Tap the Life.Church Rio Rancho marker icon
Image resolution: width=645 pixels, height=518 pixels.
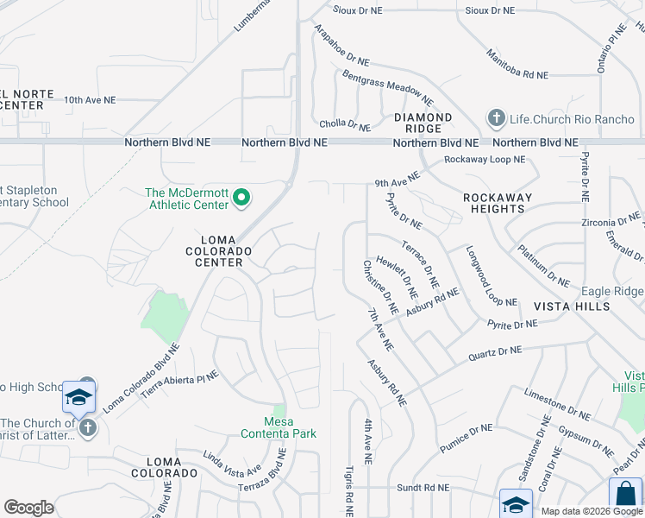(496, 117)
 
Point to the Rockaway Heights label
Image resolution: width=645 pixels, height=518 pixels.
(498, 203)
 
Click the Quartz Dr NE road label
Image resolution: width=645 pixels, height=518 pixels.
(495, 351)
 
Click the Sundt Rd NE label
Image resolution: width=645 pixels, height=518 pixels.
(423, 488)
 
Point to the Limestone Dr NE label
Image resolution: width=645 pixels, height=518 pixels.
(558, 403)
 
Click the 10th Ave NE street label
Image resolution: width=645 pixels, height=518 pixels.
(89, 100)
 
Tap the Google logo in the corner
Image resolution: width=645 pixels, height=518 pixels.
(28, 508)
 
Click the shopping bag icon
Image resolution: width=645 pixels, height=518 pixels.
(625, 495)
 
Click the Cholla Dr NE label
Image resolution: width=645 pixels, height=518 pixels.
(345, 124)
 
